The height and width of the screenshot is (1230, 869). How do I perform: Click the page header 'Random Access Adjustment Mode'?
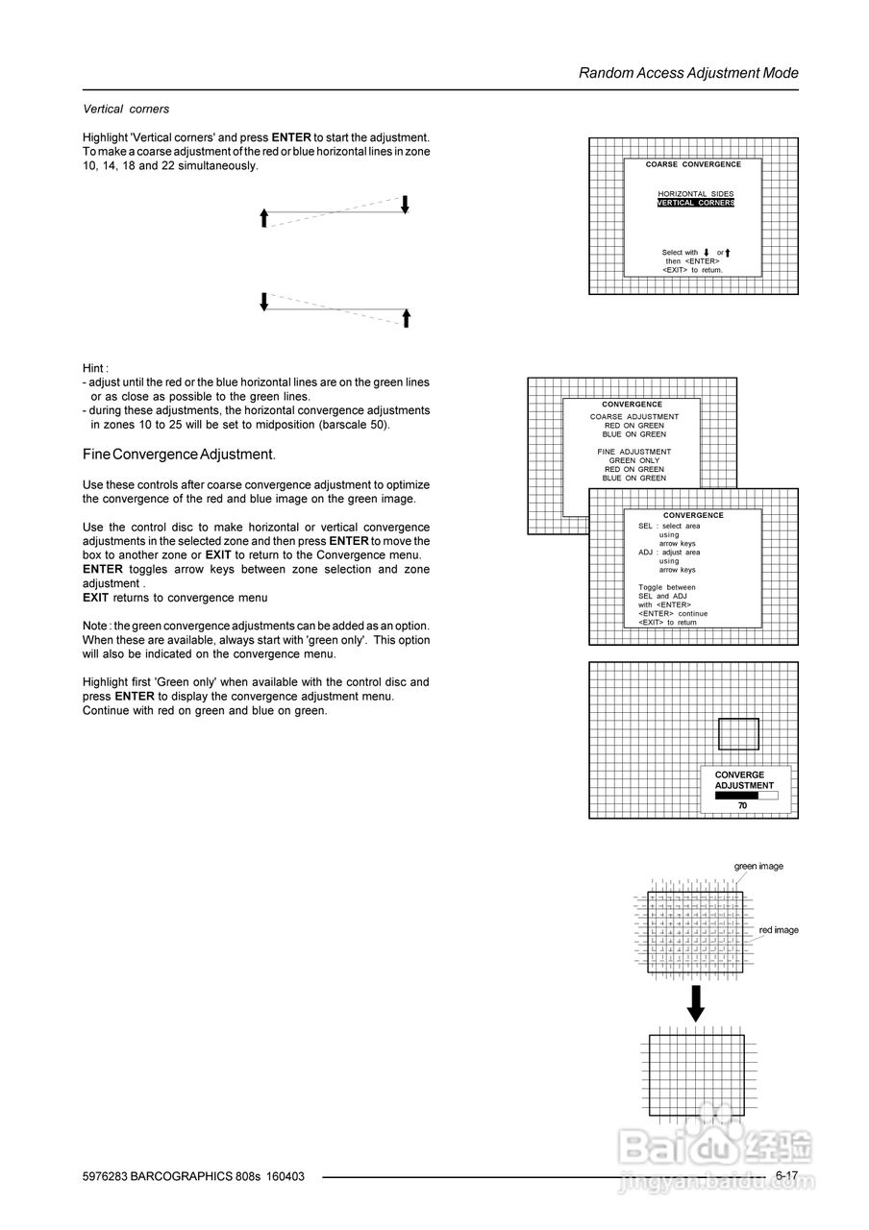click(688, 73)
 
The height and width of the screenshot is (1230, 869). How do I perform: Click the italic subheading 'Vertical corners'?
click(126, 110)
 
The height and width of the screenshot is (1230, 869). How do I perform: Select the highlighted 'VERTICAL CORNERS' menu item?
click(695, 203)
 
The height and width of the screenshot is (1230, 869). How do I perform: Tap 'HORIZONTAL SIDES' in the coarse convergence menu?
click(695, 194)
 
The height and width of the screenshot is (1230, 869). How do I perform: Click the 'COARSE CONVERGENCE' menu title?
click(693, 165)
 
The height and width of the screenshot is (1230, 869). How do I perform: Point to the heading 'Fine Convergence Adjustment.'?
click(179, 454)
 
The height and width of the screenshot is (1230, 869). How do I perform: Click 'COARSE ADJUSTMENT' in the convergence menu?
click(633, 417)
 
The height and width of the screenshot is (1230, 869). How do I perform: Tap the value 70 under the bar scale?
click(742, 805)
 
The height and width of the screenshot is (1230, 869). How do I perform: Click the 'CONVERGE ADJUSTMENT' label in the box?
click(744, 780)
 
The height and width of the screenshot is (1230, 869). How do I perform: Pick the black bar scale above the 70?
click(744, 795)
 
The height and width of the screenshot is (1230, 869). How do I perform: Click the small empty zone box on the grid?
click(738, 734)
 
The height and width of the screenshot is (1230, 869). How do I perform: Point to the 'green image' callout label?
click(758, 866)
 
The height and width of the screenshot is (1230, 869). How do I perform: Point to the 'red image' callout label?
click(778, 930)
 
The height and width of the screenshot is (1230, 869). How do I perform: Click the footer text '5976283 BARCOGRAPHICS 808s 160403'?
click(193, 1176)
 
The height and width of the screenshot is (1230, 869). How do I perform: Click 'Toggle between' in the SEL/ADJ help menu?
click(666, 587)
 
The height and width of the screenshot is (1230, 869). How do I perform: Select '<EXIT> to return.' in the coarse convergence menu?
click(692, 270)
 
